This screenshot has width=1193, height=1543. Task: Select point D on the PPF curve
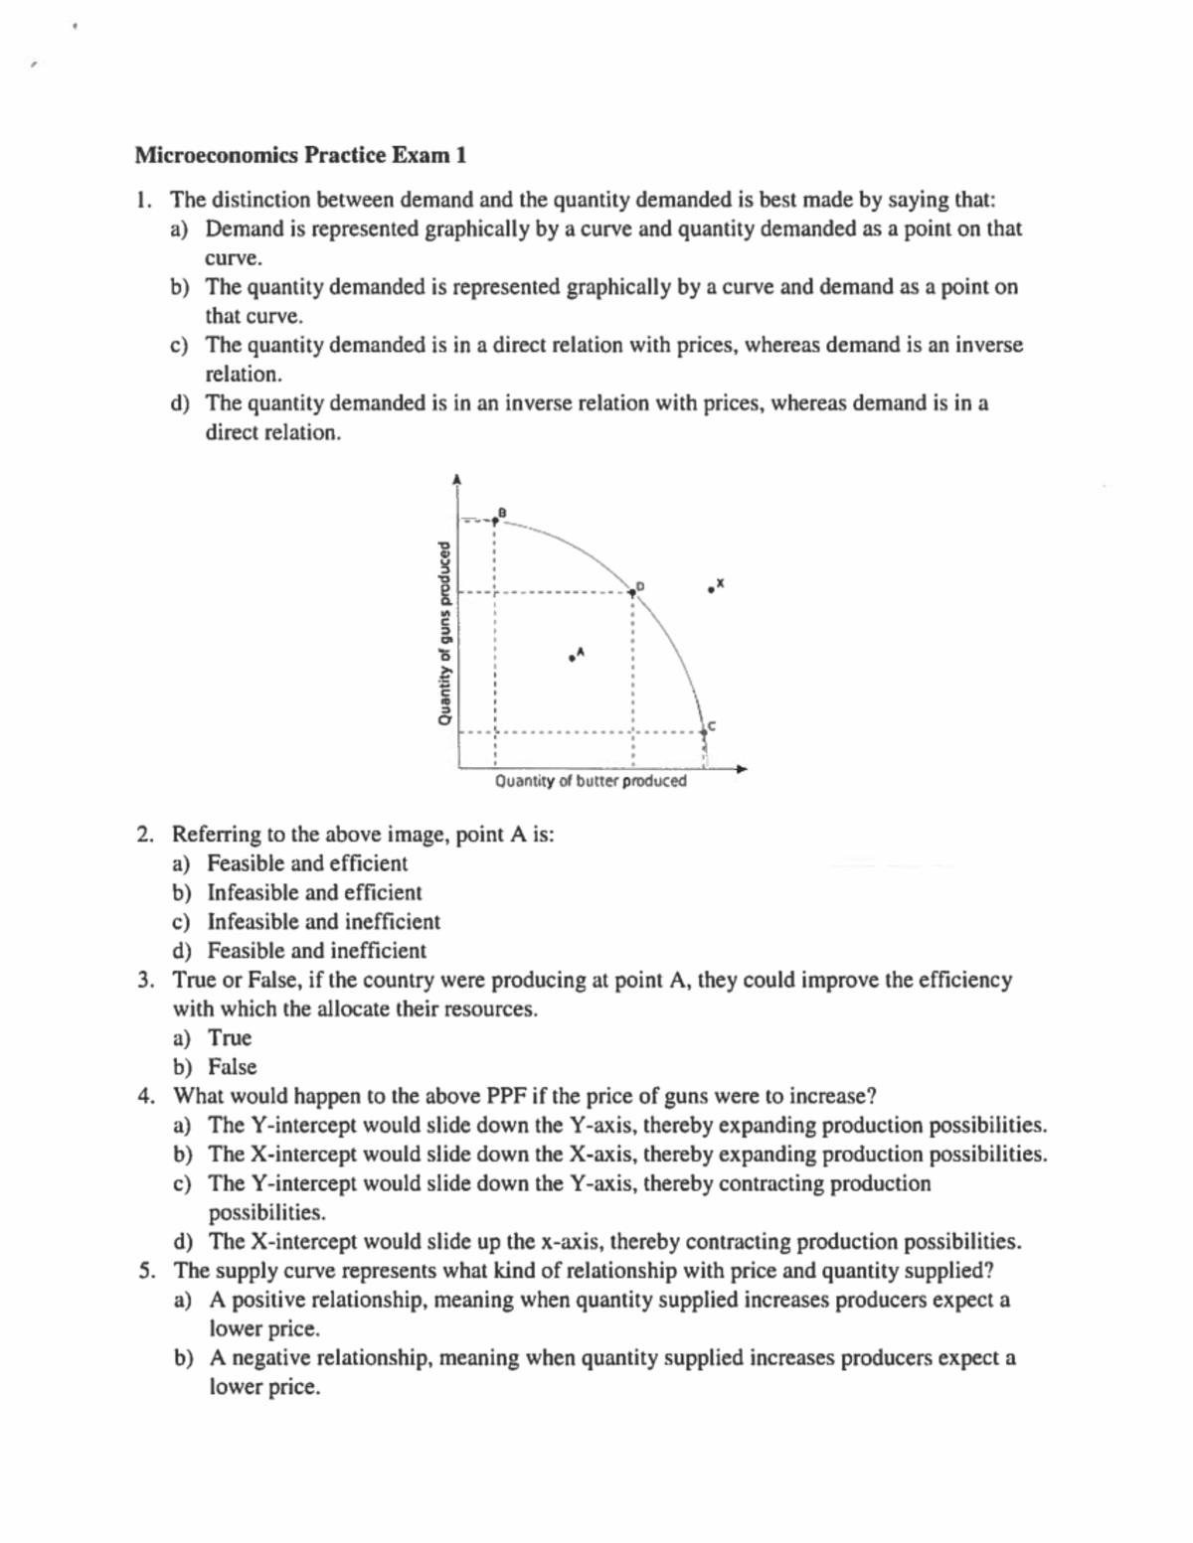(631, 592)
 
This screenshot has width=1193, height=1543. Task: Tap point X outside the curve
(711, 588)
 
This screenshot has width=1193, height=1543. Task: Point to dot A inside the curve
(573, 656)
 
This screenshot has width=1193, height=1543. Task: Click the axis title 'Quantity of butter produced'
(590, 781)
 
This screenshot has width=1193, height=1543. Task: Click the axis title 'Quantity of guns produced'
(446, 633)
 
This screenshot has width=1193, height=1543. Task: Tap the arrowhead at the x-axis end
(742, 767)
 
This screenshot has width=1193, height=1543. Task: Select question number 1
(144, 200)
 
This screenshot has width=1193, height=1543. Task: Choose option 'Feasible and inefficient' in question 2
(316, 951)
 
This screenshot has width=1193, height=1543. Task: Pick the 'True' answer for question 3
(230, 1038)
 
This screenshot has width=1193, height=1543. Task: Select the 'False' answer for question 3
(232, 1067)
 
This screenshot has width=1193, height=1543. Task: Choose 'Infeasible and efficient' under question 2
(314, 892)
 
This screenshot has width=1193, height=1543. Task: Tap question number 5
(146, 1271)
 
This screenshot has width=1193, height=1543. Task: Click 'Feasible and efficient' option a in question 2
(307, 863)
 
